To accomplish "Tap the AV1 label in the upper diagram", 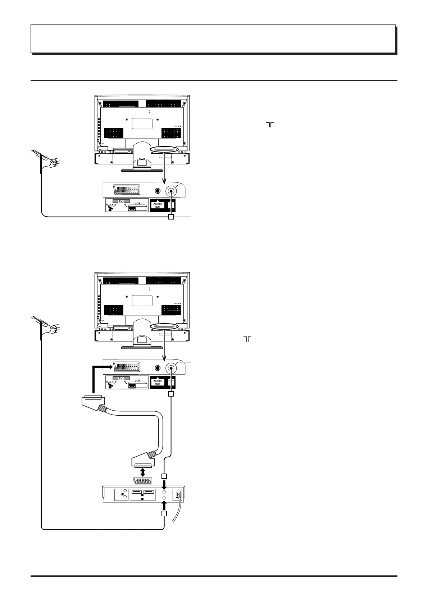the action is pos(121,201).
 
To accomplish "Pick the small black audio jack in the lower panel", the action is pos(157,368).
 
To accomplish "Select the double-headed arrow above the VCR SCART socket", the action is pos(143,472).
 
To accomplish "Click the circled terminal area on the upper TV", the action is pos(164,150).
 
